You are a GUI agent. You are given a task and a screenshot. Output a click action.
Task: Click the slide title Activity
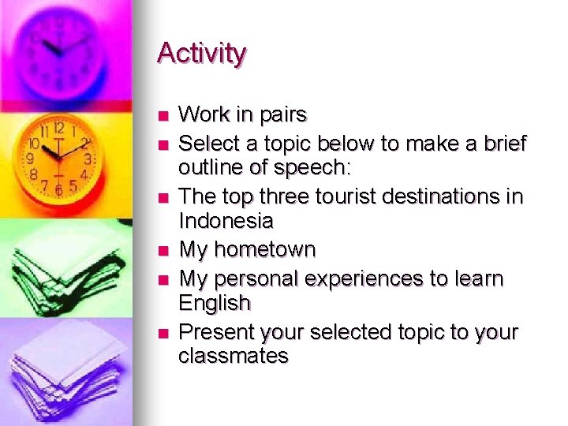202,54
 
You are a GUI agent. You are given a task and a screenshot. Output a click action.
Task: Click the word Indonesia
226,222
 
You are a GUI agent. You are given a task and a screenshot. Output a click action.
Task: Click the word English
215,303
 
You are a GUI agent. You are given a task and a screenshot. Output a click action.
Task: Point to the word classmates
234,357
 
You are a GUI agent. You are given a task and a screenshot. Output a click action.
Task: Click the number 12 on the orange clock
58,129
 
